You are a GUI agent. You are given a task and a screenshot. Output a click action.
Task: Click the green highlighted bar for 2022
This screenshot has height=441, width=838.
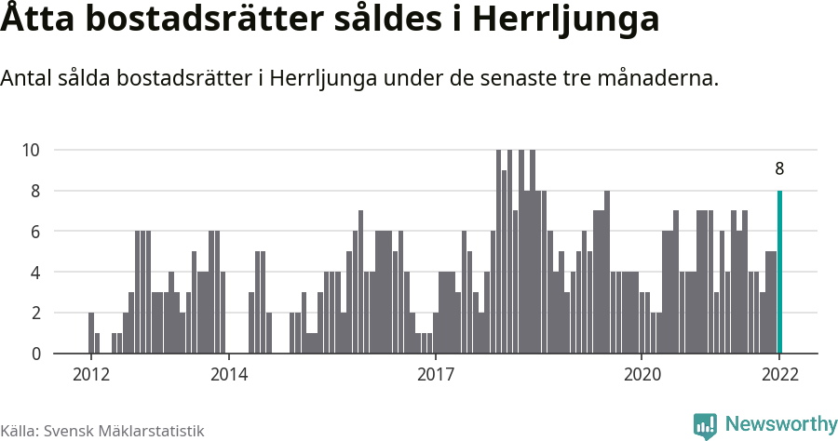click(x=779, y=272)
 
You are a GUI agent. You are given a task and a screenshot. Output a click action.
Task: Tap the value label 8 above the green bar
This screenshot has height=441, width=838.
click(x=779, y=169)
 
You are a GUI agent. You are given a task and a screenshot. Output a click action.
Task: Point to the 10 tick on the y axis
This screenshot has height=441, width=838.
click(x=31, y=150)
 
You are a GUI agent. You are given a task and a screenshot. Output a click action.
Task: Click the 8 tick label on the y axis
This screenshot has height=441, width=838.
click(x=35, y=191)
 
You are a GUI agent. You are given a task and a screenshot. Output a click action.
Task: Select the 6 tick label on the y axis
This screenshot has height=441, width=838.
click(x=35, y=232)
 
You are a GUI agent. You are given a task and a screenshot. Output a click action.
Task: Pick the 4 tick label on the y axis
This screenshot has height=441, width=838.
click(x=35, y=273)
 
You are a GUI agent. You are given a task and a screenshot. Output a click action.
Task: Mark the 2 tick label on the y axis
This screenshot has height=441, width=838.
click(x=35, y=314)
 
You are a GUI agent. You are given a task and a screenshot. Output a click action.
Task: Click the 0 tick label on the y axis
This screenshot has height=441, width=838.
click(x=35, y=354)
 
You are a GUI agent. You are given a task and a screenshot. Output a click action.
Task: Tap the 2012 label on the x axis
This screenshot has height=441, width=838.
click(x=90, y=375)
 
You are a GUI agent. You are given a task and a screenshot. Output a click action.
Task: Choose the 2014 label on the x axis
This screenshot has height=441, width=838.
click(x=228, y=375)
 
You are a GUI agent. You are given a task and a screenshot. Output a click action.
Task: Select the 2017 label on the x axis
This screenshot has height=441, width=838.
click(x=435, y=375)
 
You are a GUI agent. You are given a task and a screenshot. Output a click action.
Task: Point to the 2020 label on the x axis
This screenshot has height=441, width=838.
click(x=642, y=375)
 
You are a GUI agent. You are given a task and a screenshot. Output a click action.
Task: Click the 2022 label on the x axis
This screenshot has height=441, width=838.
click(x=779, y=375)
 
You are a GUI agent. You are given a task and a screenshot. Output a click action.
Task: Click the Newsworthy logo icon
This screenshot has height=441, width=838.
click(x=705, y=425)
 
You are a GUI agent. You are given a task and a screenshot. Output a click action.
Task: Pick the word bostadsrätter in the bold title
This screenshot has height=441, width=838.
click(x=201, y=20)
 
